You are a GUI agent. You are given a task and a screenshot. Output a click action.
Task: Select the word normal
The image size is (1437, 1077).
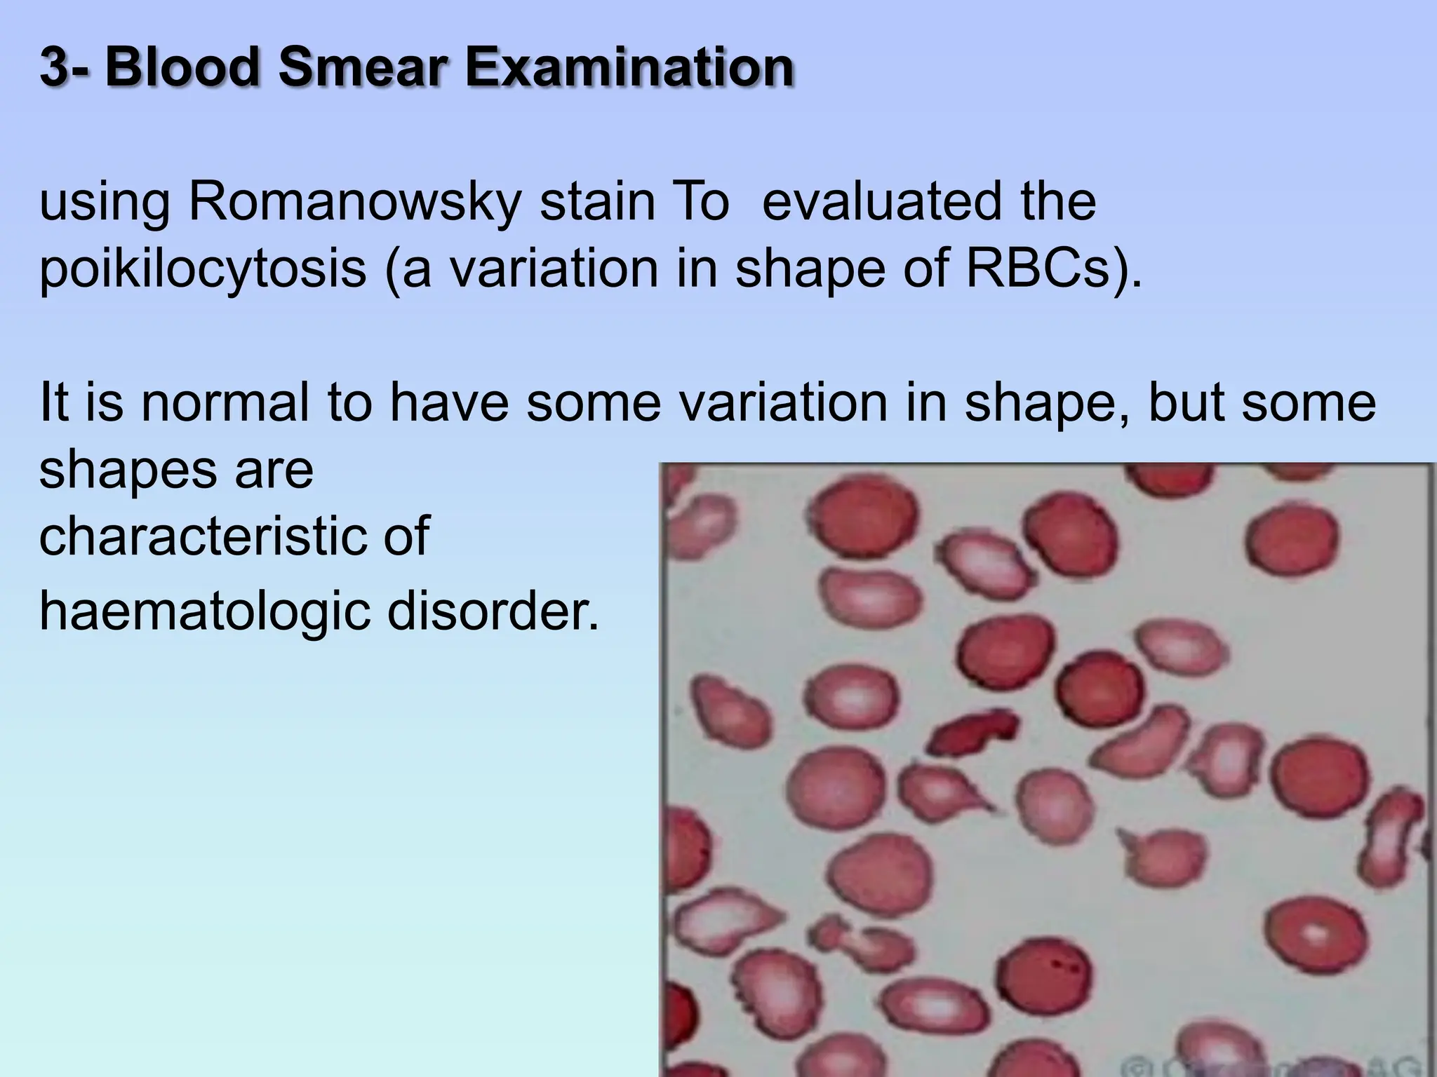(x=225, y=402)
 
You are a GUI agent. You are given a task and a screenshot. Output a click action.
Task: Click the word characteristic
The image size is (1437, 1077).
(x=193, y=536)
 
